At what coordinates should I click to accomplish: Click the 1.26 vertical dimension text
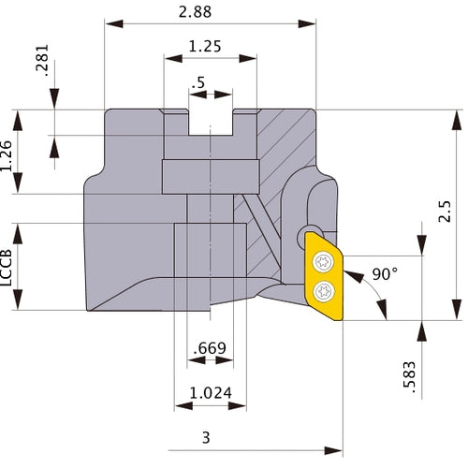pos(9,153)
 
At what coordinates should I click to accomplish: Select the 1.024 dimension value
pos(211,393)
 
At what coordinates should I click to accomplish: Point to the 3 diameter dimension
pos(204,438)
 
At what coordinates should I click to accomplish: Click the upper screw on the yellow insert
pos(322,262)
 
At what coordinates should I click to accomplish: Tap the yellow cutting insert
pos(323,276)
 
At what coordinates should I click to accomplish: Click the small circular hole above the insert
pos(308,234)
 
